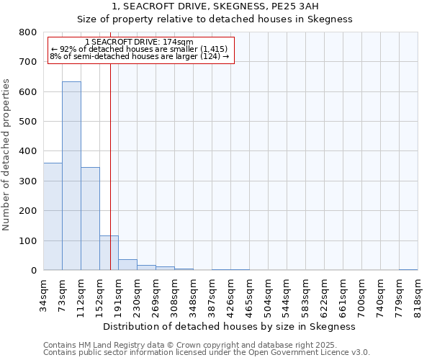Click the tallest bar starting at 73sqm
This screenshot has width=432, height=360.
pyautogui.click(x=71, y=176)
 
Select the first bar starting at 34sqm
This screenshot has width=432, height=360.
pyautogui.click(x=53, y=216)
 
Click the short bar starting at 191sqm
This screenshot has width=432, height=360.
pyautogui.click(x=127, y=264)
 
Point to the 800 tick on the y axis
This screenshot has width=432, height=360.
pyautogui.click(x=27, y=32)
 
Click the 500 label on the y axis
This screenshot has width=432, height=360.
pyautogui.click(x=27, y=122)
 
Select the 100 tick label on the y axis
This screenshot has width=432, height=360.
pyautogui.click(x=27, y=240)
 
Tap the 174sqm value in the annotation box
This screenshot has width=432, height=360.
pyautogui.click(x=179, y=42)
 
